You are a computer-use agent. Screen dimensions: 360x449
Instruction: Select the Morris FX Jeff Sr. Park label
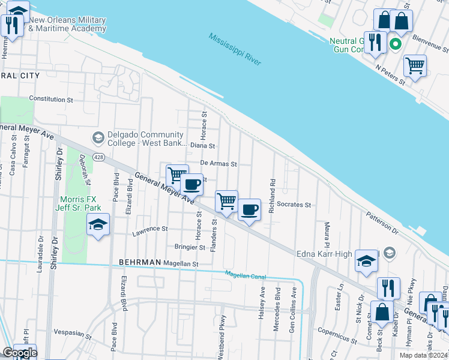[x=84, y=203]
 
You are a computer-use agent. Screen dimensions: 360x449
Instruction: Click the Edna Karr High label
[x=324, y=254]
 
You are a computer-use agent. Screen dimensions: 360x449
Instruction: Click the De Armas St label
[x=219, y=163]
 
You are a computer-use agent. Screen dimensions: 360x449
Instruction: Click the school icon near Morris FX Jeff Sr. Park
[x=98, y=225]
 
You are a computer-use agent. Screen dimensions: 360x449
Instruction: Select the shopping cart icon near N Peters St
[x=415, y=65]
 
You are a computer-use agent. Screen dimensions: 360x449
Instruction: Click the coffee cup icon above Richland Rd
[x=249, y=209]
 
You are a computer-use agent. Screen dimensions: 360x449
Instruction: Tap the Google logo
[x=19, y=353]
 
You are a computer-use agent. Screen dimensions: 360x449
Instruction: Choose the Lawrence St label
[x=151, y=229]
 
